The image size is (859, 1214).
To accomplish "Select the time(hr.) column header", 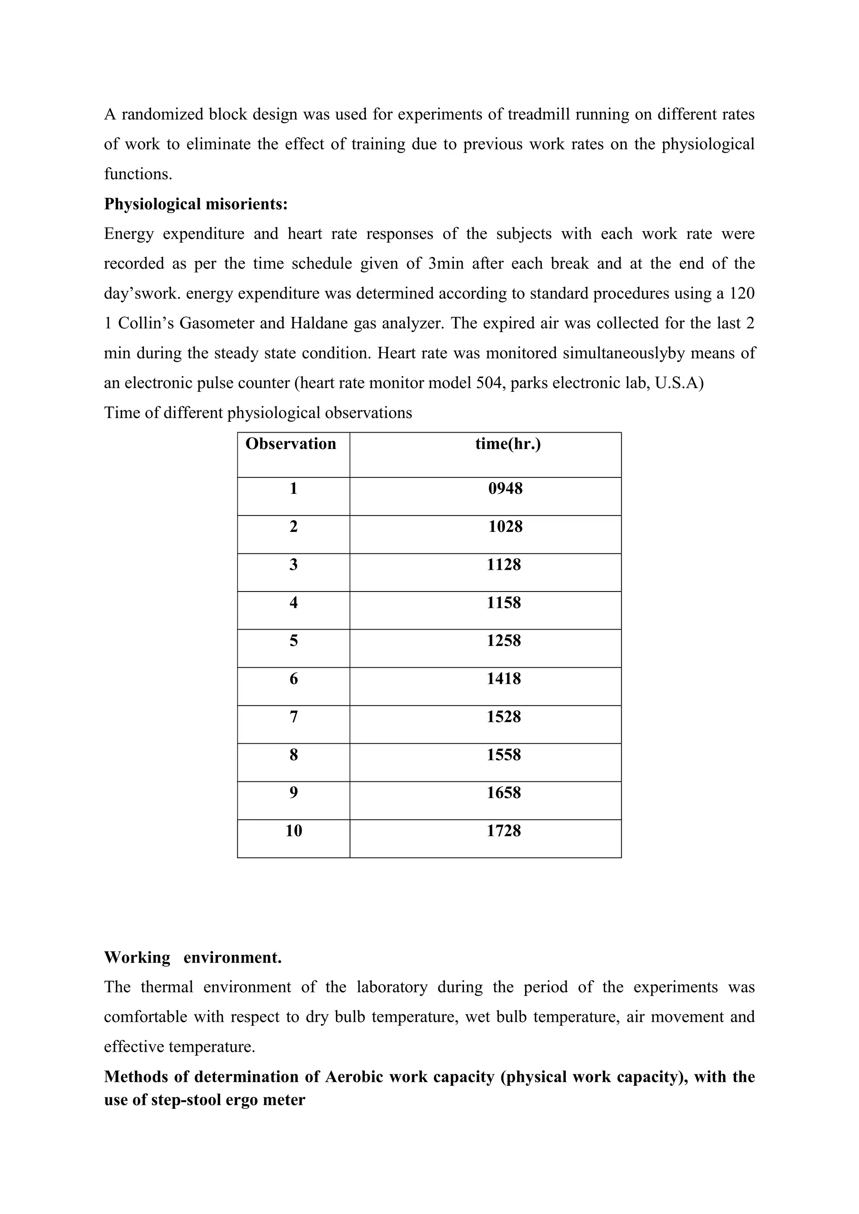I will point(508,444).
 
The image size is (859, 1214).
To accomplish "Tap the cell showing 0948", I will point(505,488).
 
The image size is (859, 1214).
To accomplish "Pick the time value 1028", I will point(505,527).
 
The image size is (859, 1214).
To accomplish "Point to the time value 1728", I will point(504,831).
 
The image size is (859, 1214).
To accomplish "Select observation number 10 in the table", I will point(294,831).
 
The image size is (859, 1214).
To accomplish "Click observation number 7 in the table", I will point(294,717).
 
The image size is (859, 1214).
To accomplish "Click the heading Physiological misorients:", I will point(196,204).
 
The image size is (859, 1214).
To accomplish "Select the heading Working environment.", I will point(193,957).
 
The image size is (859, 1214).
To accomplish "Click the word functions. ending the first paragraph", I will point(138,174).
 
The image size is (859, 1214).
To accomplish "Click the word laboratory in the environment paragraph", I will point(391,987).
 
